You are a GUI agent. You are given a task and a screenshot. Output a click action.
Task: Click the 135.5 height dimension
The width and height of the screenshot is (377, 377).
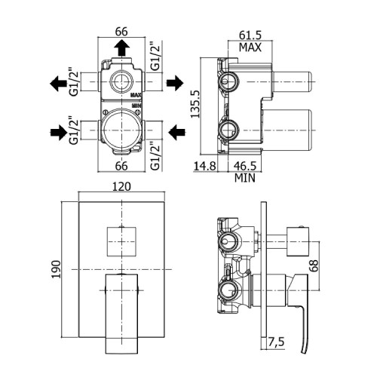pos(195,104)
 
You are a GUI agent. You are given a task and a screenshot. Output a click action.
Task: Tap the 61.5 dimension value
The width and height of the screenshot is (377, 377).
pos(250,35)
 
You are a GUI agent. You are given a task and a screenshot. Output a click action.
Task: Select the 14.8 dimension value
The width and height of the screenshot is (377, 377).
pos(205,166)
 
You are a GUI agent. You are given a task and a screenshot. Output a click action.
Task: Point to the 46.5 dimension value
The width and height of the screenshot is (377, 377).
pos(245,166)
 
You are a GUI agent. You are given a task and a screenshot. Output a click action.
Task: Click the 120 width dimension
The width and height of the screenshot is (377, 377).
pos(121,187)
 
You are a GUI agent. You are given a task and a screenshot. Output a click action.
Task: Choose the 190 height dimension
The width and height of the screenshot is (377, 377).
pos(56,269)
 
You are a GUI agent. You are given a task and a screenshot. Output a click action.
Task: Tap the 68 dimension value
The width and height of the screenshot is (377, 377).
pos(314,265)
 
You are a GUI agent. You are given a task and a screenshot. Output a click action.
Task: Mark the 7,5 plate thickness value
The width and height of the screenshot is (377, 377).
pos(276,342)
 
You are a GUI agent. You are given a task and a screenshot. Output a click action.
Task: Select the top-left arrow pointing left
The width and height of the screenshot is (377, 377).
pos(58,83)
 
